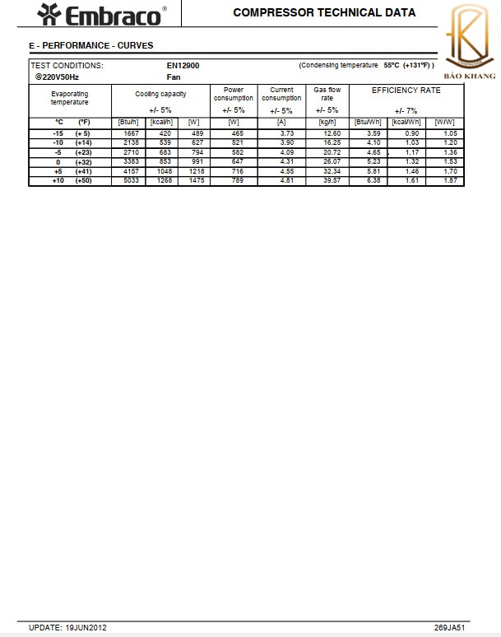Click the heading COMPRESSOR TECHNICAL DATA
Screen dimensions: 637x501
pyautogui.click(x=324, y=12)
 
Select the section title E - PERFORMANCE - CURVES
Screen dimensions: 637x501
pyautogui.click(x=90, y=45)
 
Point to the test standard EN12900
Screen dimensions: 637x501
pyautogui.click(x=183, y=65)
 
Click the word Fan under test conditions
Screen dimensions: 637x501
pyautogui.click(x=174, y=77)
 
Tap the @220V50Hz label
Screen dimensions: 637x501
pyautogui.click(x=57, y=77)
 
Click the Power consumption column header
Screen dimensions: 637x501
pyautogui.click(x=234, y=94)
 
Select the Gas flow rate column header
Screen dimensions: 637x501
pyautogui.click(x=327, y=94)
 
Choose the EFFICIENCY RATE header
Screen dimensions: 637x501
pyautogui.click(x=406, y=90)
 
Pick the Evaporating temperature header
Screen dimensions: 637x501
pyautogui.click(x=70, y=97)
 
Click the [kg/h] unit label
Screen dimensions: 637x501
pyautogui.click(x=327, y=122)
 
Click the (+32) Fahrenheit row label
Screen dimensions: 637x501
pyautogui.click(x=83, y=161)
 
